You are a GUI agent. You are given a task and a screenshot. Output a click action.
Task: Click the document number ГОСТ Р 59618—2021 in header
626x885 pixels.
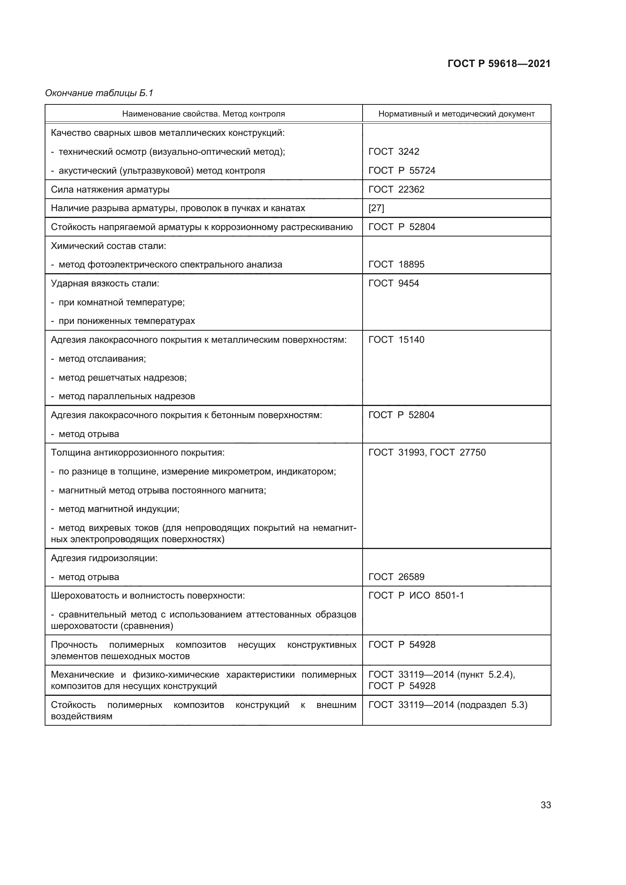coord(499,64)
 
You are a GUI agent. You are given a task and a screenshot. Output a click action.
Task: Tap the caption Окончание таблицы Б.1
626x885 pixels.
coord(99,93)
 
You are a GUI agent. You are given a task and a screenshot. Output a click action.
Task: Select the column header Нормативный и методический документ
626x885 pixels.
coord(456,114)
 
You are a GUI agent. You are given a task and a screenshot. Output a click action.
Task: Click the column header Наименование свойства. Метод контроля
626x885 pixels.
coord(204,114)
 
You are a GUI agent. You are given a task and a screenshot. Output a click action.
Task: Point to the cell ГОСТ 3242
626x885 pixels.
coord(394,151)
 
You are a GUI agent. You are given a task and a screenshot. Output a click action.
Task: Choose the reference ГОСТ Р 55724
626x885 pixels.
coord(402,170)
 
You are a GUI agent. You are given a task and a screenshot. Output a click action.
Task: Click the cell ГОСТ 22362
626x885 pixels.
coord(396,189)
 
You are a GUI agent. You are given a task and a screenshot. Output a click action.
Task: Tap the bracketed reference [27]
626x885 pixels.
coord(376,208)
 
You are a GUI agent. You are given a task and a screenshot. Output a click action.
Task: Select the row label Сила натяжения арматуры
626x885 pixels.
coord(110,189)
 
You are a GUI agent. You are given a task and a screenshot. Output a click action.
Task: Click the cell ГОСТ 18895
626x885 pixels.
coord(396,264)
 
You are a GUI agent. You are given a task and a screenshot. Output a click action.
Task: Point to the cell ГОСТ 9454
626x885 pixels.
coord(394,283)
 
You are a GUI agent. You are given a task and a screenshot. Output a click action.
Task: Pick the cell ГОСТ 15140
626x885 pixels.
coord(396,339)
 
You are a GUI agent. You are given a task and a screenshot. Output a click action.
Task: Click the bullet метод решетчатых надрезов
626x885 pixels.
coord(122,377)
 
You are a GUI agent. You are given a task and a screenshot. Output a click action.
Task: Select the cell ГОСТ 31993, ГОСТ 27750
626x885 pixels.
coord(427,452)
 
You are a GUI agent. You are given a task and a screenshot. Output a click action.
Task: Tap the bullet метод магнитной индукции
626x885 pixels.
coord(119,509)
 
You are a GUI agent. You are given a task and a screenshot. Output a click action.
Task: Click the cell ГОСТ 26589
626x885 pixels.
coord(396,577)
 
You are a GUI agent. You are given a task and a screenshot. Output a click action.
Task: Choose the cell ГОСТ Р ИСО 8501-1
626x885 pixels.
coord(416,596)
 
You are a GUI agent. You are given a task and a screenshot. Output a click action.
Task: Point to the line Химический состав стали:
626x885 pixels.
coord(108,246)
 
